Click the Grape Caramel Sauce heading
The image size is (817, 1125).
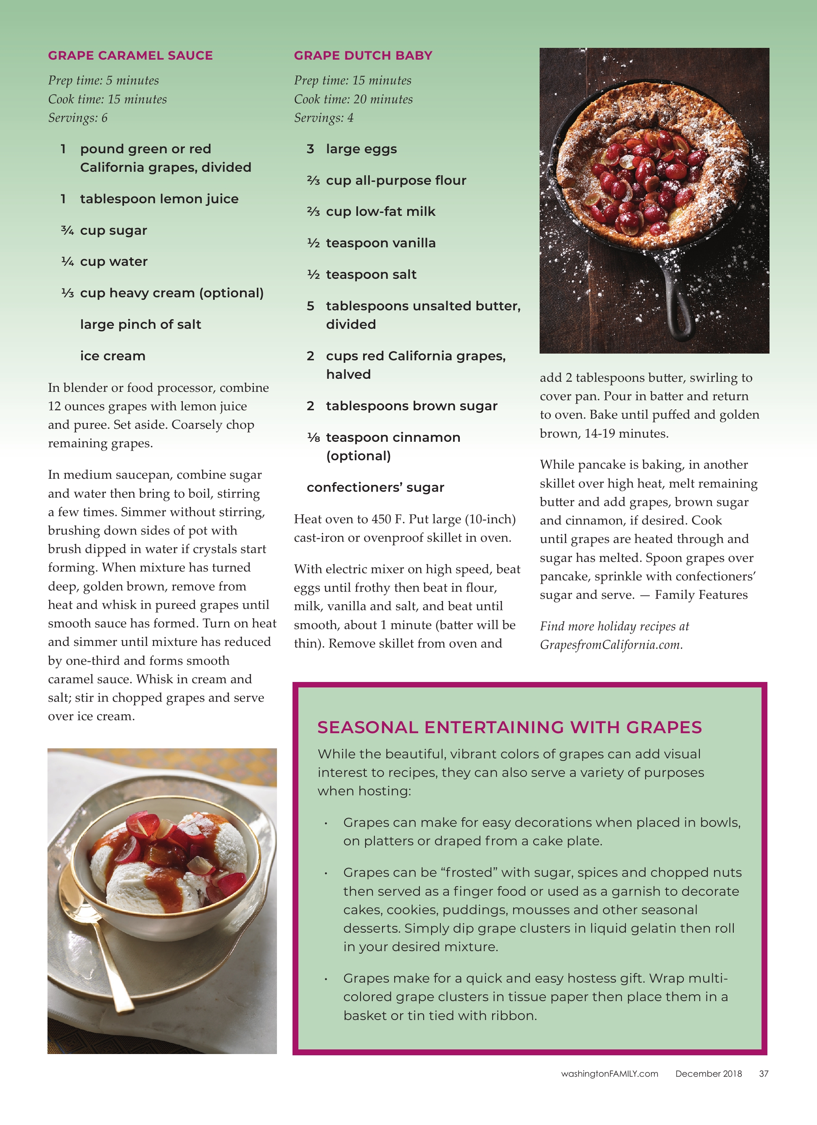point(130,55)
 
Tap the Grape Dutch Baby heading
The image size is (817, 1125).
point(363,55)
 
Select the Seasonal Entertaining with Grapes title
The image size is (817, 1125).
point(509,727)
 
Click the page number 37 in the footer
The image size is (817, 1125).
point(763,1074)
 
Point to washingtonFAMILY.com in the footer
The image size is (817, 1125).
point(609,1074)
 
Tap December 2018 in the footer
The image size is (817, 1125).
point(708,1074)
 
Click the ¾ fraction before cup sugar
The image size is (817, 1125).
point(68,231)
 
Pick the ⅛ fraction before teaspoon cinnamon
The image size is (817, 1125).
point(313,438)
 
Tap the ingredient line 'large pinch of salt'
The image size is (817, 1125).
point(140,325)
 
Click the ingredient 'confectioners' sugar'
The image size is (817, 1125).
point(375,488)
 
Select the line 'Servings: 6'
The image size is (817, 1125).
point(77,118)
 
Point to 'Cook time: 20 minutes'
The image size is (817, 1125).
point(353,99)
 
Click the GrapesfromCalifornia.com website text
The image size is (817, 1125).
point(611,645)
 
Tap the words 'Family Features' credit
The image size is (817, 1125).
point(701,595)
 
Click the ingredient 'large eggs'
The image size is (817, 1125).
point(361,149)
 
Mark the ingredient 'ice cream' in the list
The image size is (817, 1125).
point(113,356)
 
